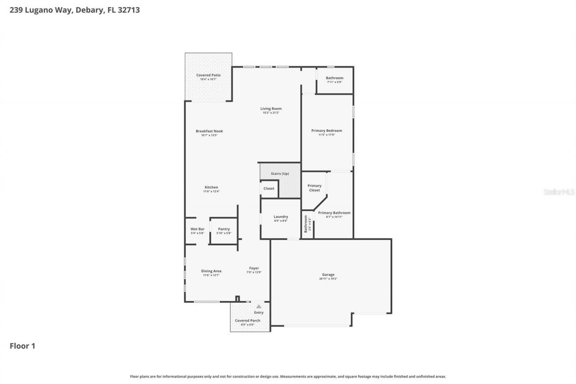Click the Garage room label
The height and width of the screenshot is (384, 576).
[x=328, y=275]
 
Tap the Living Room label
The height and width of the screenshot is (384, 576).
[x=271, y=108]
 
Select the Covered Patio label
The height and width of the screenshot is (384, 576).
[x=208, y=75]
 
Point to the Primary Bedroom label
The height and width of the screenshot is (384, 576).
[x=327, y=131]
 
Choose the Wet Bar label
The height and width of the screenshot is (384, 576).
[x=197, y=229]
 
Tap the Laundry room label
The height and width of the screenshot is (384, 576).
[x=281, y=217]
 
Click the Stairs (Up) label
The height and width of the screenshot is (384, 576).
[x=280, y=174]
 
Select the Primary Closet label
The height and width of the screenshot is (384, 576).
[x=315, y=188]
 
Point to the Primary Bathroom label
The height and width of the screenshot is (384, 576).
[x=334, y=213]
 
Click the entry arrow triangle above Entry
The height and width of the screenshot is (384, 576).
[x=259, y=307]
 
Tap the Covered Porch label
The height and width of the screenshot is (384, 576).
[x=247, y=321]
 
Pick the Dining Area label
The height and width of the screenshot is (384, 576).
[x=211, y=271]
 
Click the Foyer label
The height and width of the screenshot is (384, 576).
[x=254, y=268]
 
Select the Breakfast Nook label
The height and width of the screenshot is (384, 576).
[x=209, y=131]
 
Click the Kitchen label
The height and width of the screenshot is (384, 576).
[x=211, y=187]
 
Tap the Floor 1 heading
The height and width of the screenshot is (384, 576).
[x=22, y=346]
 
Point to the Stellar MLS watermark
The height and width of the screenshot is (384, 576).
[x=559, y=192]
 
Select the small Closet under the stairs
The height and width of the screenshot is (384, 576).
[x=269, y=189]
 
